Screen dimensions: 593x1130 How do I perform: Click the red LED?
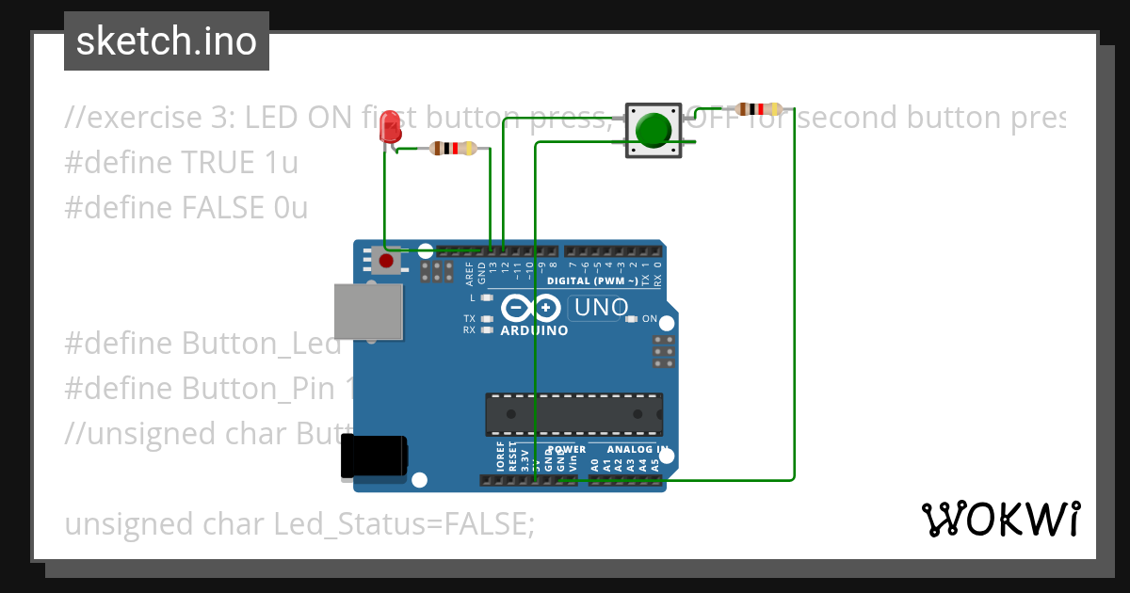(389, 127)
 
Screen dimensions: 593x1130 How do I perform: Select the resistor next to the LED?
(453, 148)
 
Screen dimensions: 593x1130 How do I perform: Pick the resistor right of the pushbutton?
(758, 109)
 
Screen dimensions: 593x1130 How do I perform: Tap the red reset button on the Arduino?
(385, 259)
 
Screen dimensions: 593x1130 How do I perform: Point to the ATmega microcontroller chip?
(573, 414)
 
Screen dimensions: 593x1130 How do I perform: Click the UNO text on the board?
(601, 308)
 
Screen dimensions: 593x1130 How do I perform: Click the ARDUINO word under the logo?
(534, 331)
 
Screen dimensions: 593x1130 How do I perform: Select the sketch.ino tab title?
(167, 41)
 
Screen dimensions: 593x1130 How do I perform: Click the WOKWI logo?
(1000, 519)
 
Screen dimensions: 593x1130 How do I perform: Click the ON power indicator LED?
(631, 319)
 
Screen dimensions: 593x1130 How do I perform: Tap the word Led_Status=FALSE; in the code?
(404, 524)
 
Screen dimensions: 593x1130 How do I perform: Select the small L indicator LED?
(486, 297)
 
